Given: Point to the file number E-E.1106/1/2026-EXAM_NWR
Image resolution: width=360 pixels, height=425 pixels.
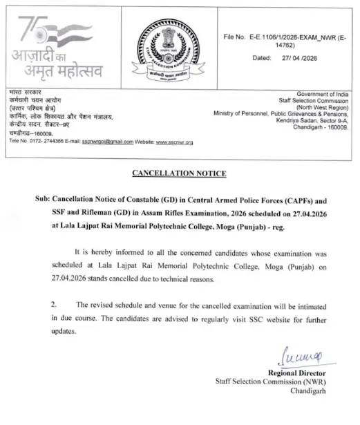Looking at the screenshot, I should [x=299, y=35].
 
